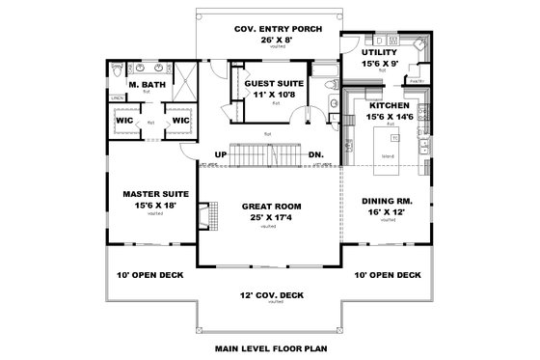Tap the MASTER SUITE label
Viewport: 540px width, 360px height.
pyautogui.click(x=148, y=194)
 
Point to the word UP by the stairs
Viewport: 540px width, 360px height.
pyautogui.click(x=220, y=154)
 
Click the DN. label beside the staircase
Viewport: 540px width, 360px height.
pyautogui.click(x=315, y=154)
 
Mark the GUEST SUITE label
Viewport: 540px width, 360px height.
pyautogui.click(x=274, y=85)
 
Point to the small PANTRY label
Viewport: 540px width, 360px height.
pyautogui.click(x=417, y=82)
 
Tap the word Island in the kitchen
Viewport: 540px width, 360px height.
pyautogui.click(x=387, y=154)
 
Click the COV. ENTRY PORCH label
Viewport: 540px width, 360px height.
pyautogui.click(x=270, y=29)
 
